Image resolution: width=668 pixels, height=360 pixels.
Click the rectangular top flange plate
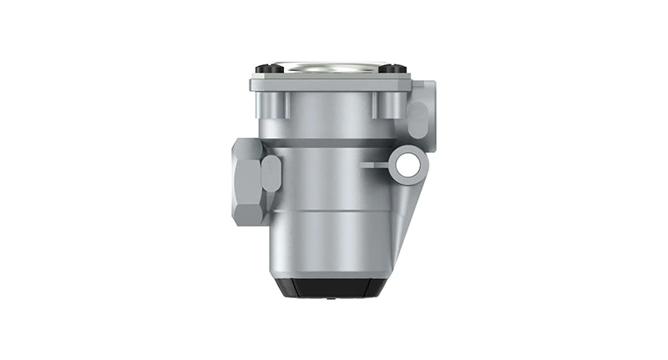click(x=333, y=84)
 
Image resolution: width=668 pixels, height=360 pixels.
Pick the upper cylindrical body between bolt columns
click(x=333, y=117)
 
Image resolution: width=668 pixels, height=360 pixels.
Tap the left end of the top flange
click(x=253, y=84)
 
